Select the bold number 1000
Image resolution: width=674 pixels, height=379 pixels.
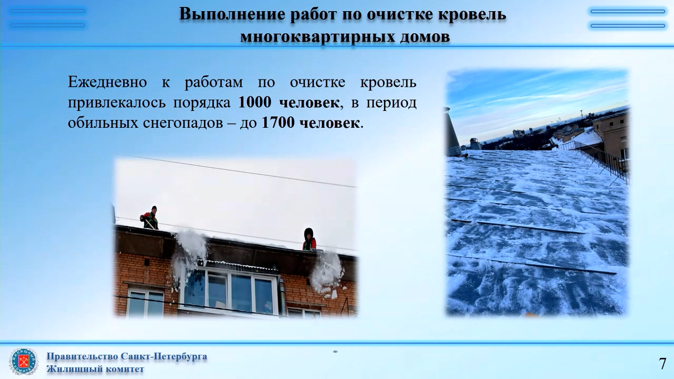click(255, 102)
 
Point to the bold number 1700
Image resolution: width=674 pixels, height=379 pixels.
click(279, 123)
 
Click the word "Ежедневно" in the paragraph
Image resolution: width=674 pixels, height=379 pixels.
click(107, 82)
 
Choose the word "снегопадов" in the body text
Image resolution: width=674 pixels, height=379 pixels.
click(183, 123)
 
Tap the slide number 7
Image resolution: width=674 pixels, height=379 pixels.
click(662, 364)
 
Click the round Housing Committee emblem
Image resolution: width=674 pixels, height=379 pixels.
click(24, 362)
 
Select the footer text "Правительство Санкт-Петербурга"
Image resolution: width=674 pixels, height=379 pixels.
click(127, 357)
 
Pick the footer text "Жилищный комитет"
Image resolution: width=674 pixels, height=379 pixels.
click(95, 369)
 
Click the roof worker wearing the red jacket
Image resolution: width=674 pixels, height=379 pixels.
click(150, 218)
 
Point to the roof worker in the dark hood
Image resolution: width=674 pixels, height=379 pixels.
click(309, 240)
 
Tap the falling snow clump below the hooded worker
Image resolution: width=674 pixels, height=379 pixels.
click(327, 274)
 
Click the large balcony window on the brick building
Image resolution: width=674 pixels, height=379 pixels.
click(230, 291)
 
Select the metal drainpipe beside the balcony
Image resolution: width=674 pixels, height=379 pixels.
click(282, 296)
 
